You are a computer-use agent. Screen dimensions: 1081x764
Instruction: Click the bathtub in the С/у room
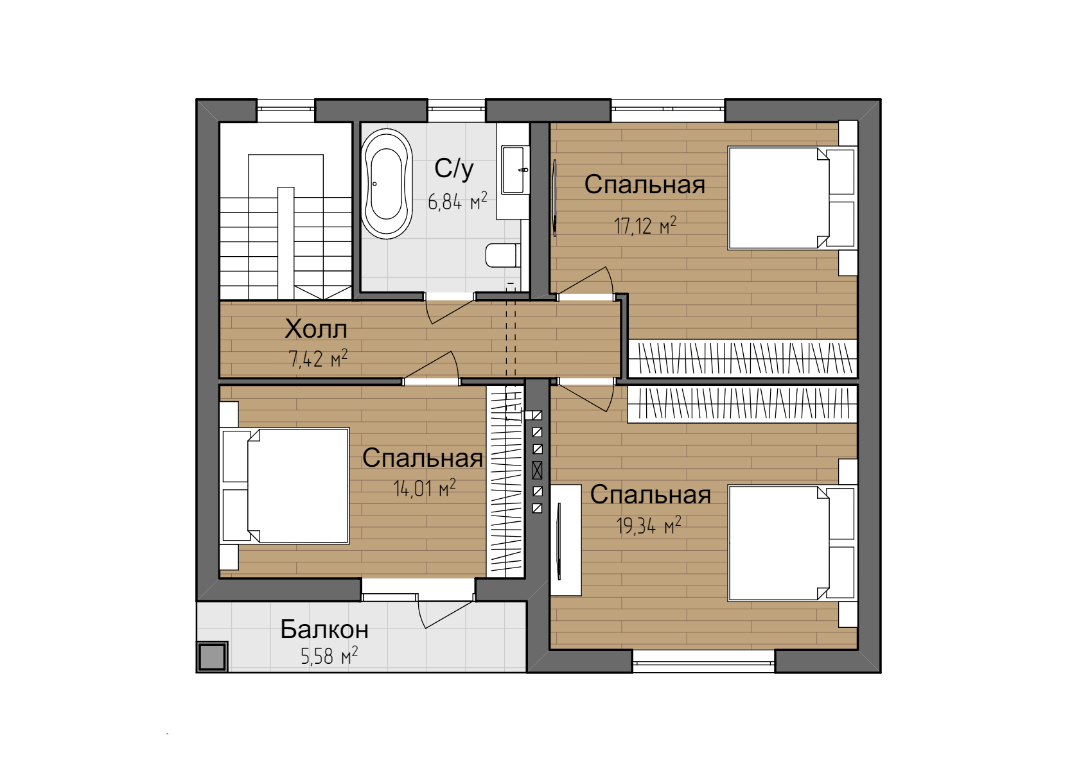[387, 183]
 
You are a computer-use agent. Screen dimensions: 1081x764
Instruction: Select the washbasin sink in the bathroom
[513, 169]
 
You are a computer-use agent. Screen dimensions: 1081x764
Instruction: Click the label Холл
[316, 329]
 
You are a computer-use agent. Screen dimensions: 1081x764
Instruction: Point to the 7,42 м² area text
[318, 359]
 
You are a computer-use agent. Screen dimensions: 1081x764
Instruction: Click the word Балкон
[324, 629]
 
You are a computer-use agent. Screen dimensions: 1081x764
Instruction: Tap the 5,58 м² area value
[329, 656]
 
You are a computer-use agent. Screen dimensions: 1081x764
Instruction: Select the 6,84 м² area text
[457, 201]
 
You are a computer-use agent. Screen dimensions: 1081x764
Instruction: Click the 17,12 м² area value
[646, 225]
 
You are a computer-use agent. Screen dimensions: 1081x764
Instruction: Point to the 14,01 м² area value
[425, 488]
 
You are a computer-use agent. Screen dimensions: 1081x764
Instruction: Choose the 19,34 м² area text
[649, 525]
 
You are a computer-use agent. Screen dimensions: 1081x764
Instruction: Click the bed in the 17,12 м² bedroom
[791, 198]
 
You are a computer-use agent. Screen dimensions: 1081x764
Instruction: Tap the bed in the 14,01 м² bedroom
[285, 486]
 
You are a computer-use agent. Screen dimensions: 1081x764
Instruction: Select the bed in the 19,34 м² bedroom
[791, 544]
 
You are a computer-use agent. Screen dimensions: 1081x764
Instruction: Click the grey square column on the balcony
[213, 656]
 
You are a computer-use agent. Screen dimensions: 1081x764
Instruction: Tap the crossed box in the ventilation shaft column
[537, 470]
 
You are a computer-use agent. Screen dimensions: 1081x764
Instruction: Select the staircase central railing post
[286, 243]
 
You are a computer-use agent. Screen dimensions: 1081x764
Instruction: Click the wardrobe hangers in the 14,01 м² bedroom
[505, 482]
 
